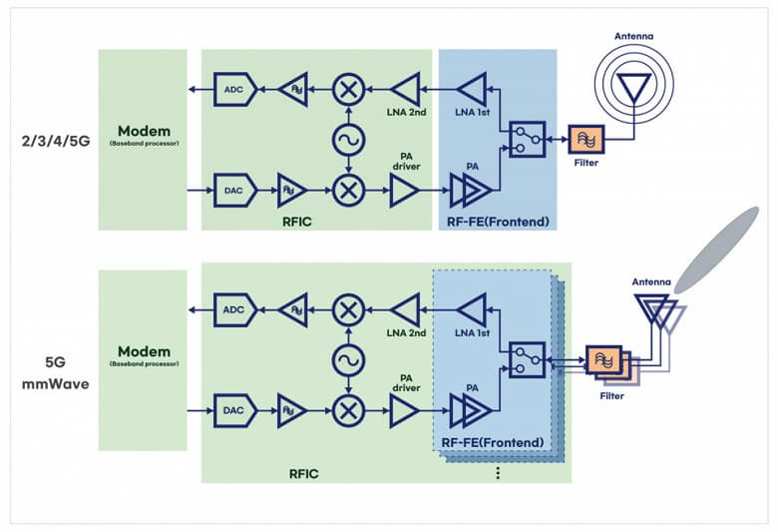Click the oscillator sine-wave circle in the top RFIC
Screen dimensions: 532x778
(348, 139)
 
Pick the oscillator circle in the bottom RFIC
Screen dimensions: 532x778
(348, 357)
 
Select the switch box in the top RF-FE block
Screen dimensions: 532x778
(525, 139)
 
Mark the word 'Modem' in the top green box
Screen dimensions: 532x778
(144, 131)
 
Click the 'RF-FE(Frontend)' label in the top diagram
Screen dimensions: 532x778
(497, 217)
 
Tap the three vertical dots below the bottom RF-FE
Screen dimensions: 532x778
(496, 475)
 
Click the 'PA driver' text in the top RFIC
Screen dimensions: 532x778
(405, 160)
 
